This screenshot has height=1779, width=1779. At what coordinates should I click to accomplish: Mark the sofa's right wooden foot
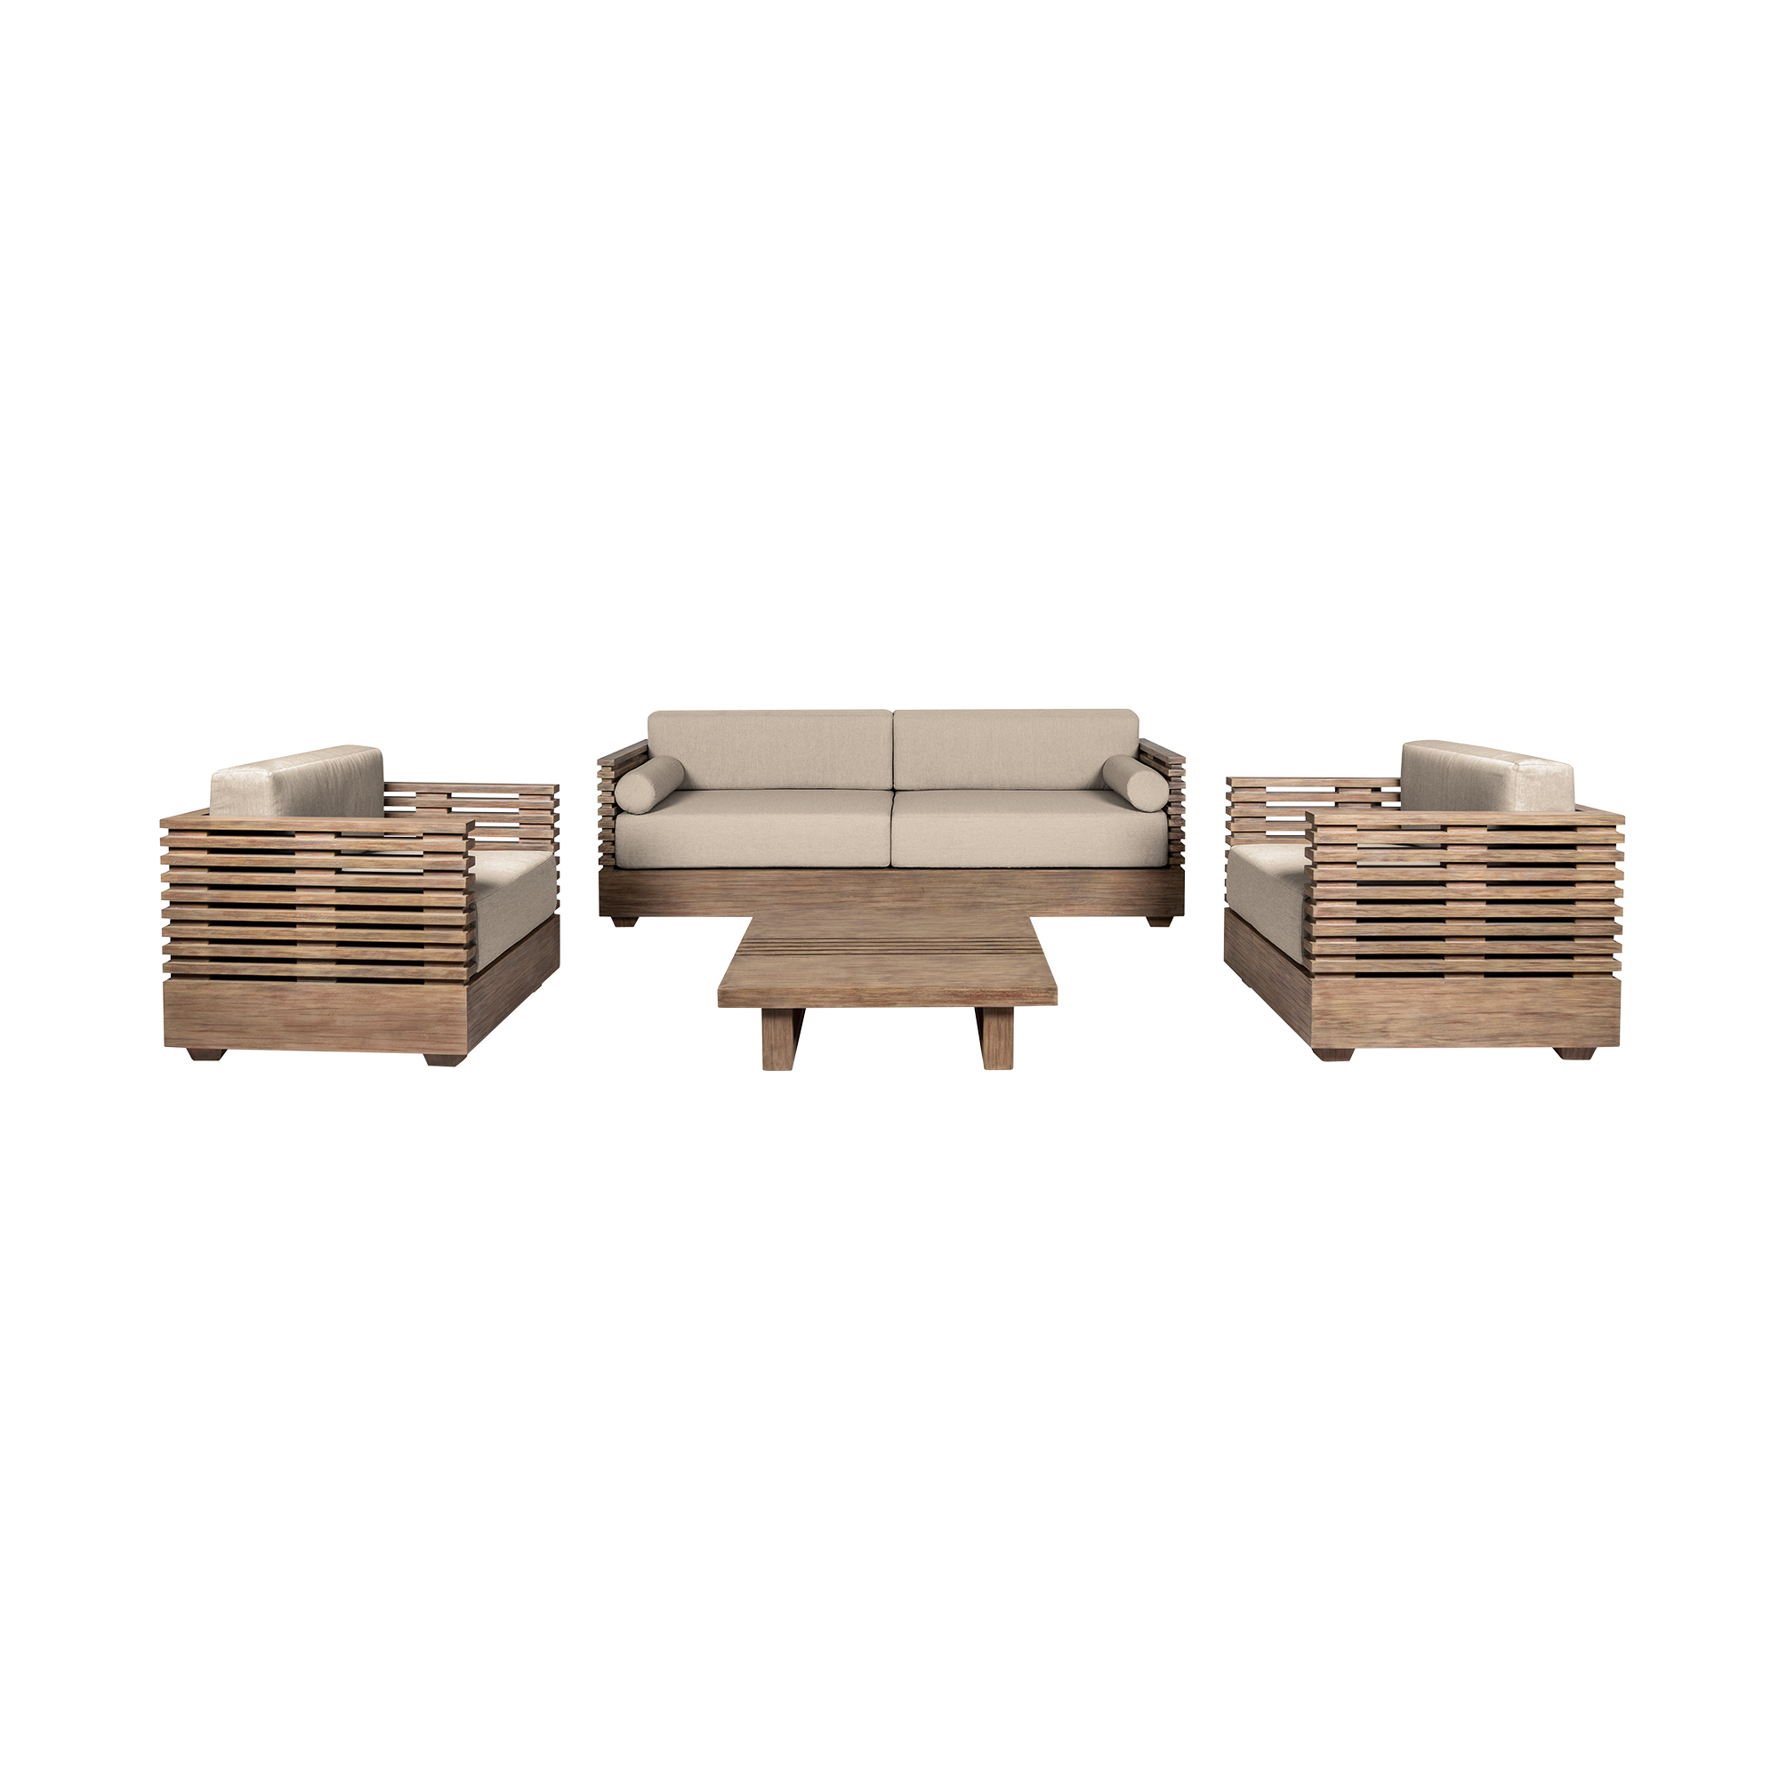1145,922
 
